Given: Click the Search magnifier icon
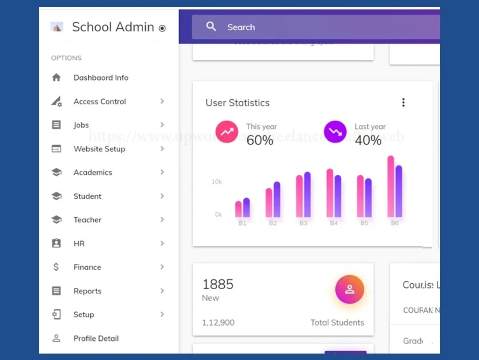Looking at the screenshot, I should [211, 27].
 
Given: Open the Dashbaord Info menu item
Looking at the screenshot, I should [101, 78].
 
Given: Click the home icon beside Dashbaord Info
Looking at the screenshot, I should [57, 78].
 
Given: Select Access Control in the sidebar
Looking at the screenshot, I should [100, 102].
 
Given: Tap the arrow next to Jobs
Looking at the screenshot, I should [162, 125].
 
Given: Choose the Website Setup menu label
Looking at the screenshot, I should [99, 149].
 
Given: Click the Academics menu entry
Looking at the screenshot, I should [92, 173].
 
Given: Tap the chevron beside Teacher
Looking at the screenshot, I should [162, 220].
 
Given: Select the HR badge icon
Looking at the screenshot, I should [57, 244].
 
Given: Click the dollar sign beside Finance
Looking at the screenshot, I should [57, 267].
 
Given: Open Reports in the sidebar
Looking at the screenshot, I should [87, 291].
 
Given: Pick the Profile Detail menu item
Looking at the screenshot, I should [96, 338].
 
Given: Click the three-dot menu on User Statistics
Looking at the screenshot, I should [403, 103].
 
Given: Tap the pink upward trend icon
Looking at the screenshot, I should [227, 132].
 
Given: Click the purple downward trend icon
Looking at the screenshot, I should [335, 132].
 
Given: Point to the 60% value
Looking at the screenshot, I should [260, 140].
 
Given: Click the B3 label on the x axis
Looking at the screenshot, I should [303, 223].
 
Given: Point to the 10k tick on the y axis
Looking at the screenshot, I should [217, 182].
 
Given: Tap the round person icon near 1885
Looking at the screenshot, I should [350, 290].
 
